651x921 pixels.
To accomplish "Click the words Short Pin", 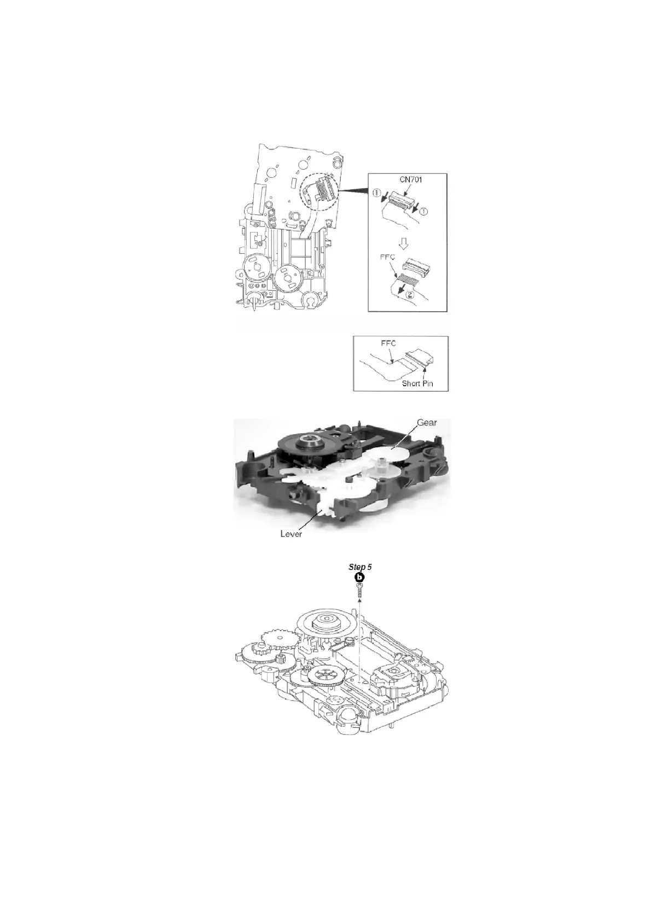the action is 417,383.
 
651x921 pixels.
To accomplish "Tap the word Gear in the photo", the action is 427,423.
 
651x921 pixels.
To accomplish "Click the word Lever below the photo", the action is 291,534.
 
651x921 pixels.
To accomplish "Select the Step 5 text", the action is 360,567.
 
